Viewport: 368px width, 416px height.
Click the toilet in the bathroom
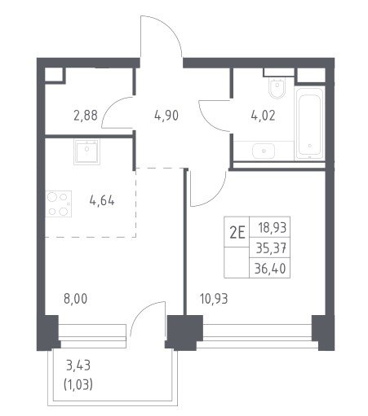pyautogui.click(x=277, y=87)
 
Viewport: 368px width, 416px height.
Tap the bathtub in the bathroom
pyautogui.click(x=309, y=124)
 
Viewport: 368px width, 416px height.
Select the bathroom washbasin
pyautogui.click(x=264, y=151)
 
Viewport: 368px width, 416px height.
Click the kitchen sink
pyautogui.click(x=86, y=151)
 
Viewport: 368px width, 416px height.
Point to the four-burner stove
pyautogui.click(x=59, y=204)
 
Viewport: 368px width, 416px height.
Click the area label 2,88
pyautogui.click(x=86, y=116)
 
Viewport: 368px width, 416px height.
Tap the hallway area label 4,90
pyautogui.click(x=166, y=116)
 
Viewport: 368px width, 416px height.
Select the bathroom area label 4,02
pyautogui.click(x=263, y=116)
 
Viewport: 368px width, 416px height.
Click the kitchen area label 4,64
pyautogui.click(x=102, y=201)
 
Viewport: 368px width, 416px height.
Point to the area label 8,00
pyautogui.click(x=75, y=299)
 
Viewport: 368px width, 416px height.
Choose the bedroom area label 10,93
pyautogui.click(x=214, y=299)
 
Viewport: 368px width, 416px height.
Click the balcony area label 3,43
pyautogui.click(x=78, y=366)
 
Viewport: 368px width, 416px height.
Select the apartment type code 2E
pyautogui.click(x=237, y=233)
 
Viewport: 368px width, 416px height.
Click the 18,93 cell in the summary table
pyautogui.click(x=273, y=228)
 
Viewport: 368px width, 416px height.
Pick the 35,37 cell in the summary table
pyautogui.click(x=271, y=248)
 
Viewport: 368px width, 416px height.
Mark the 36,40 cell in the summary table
pyautogui.click(x=270, y=269)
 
